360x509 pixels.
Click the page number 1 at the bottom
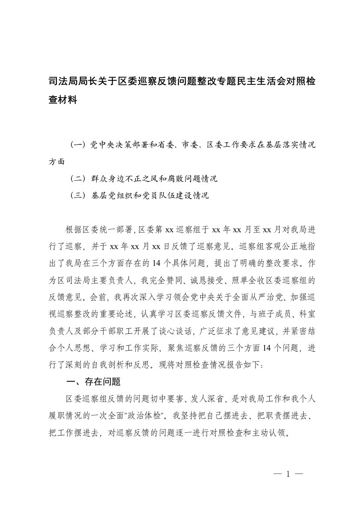tap(288, 475)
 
